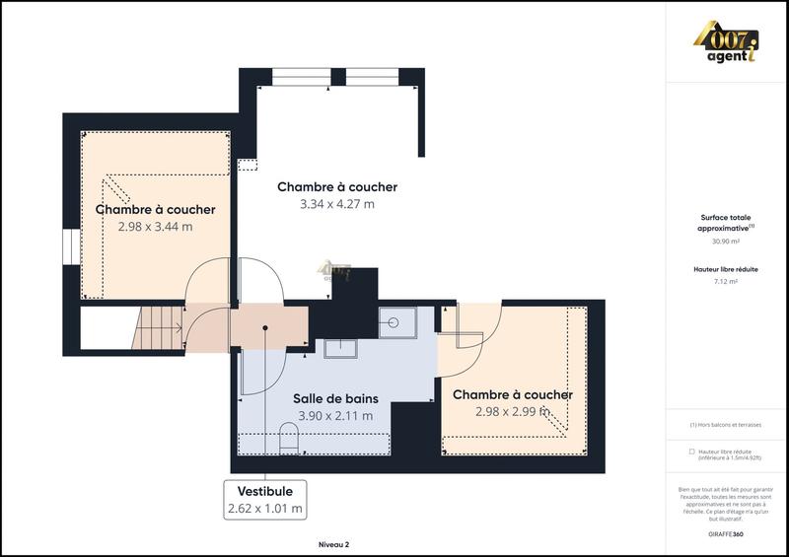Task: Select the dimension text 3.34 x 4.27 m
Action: [x=337, y=204]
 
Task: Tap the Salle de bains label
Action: [x=336, y=399]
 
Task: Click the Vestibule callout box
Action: [x=264, y=500]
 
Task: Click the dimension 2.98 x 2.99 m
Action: [x=512, y=412]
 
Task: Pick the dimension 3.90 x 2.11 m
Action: [x=336, y=416]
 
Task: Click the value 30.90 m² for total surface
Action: [x=725, y=241]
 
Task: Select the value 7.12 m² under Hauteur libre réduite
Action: [x=725, y=281]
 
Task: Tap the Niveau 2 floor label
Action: [x=333, y=543]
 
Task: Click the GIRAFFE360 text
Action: [x=726, y=531]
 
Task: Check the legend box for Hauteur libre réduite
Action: [x=691, y=452]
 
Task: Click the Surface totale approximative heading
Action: [x=725, y=223]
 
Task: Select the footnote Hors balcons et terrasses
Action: [x=725, y=425]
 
